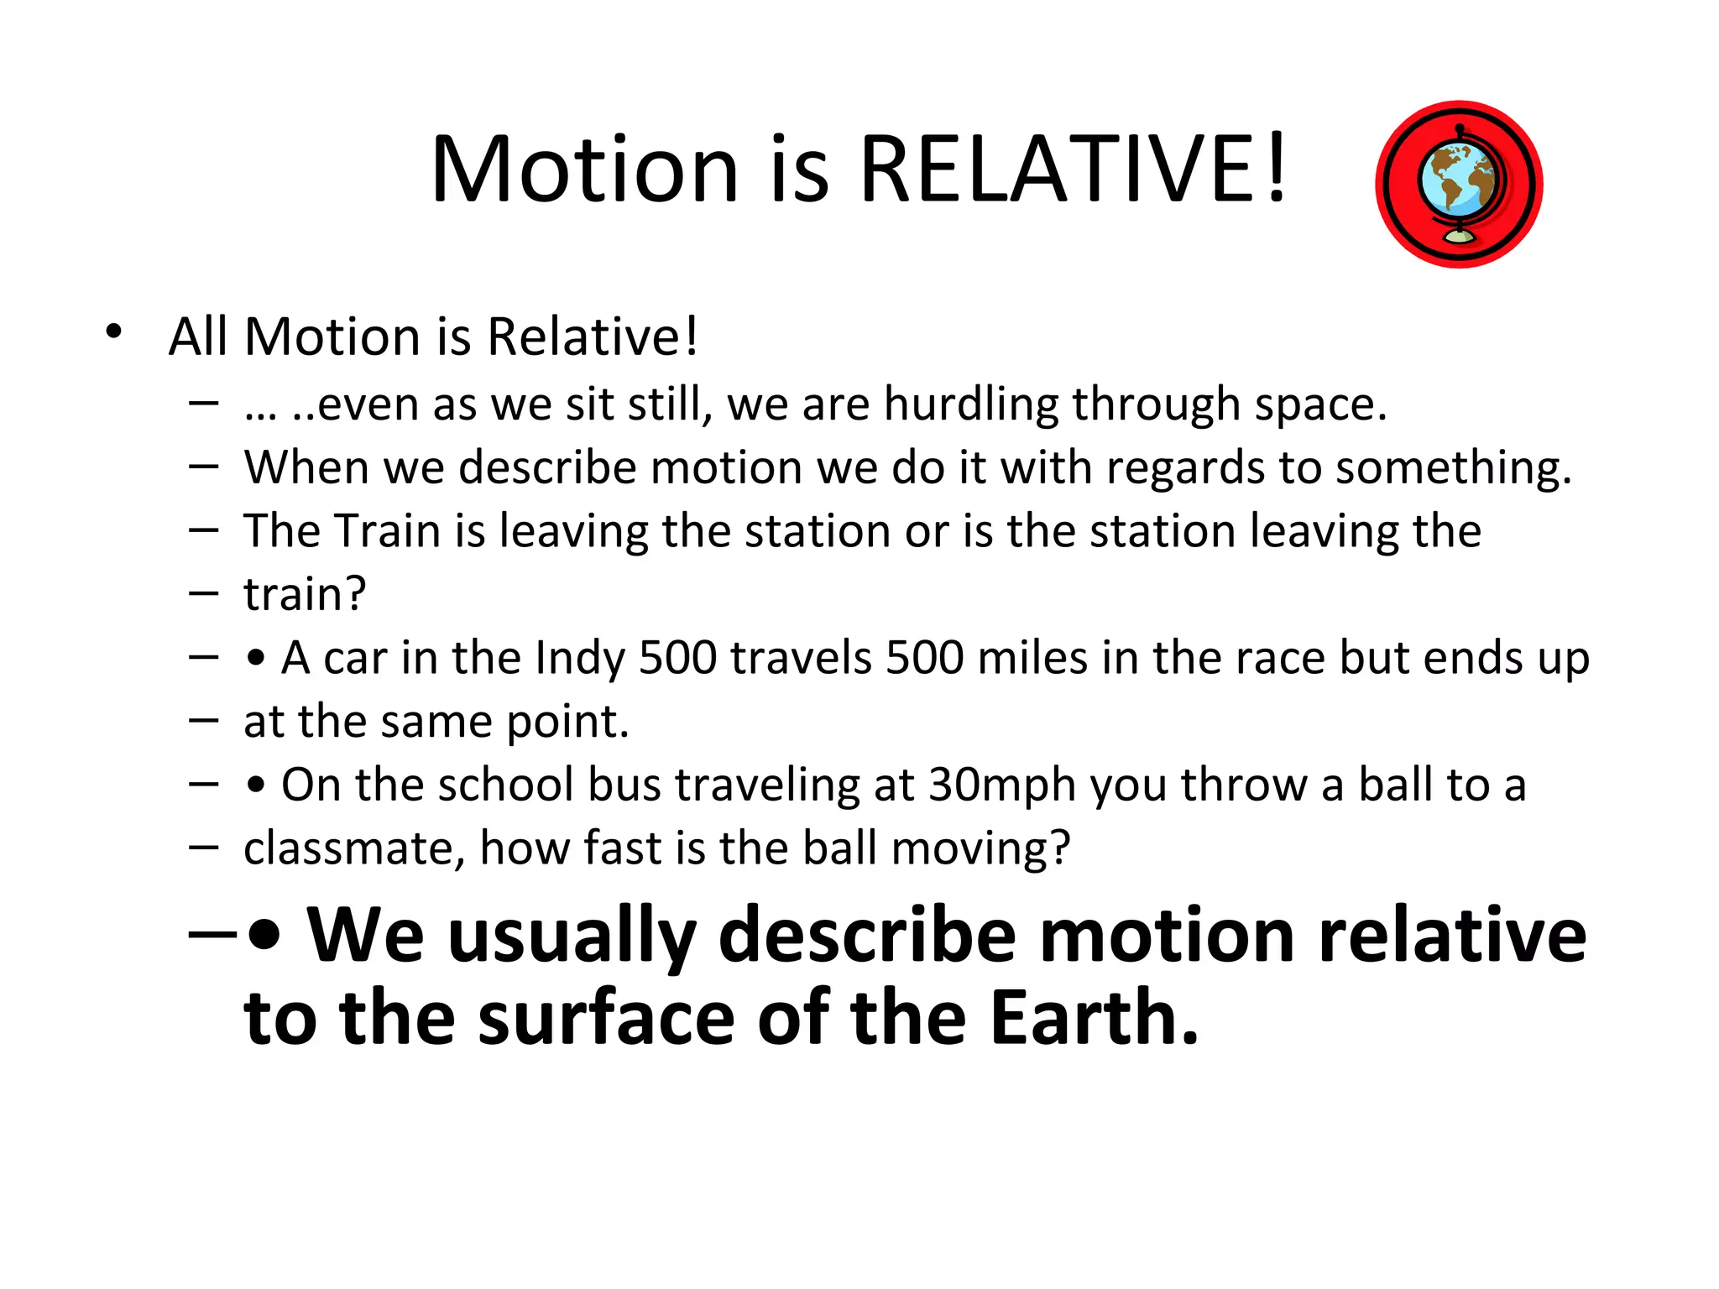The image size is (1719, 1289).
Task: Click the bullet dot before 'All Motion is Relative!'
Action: tap(114, 331)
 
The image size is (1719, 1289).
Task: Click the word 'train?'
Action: tap(305, 594)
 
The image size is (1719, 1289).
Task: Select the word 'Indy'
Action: tap(580, 659)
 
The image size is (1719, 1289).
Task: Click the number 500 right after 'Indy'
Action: tap(677, 658)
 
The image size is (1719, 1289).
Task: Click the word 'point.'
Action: tap(567, 723)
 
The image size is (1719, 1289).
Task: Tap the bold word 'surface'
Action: tap(606, 1018)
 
